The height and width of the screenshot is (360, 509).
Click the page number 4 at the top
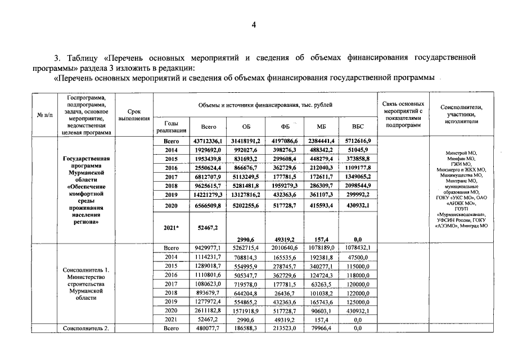254,24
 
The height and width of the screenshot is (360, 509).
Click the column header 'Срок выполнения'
134,115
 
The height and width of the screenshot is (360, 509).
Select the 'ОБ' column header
246,127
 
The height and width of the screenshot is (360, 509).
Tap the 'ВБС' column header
358,127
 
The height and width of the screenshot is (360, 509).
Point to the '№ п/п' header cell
45,115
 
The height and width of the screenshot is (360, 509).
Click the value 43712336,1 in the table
208,141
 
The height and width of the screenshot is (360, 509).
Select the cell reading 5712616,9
358,141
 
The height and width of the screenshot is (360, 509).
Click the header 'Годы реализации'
171,127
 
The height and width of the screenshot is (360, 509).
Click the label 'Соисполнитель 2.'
85,328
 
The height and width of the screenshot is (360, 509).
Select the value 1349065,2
358,176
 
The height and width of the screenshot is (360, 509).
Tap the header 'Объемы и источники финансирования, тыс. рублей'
265,105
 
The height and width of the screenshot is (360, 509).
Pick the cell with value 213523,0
284,328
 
